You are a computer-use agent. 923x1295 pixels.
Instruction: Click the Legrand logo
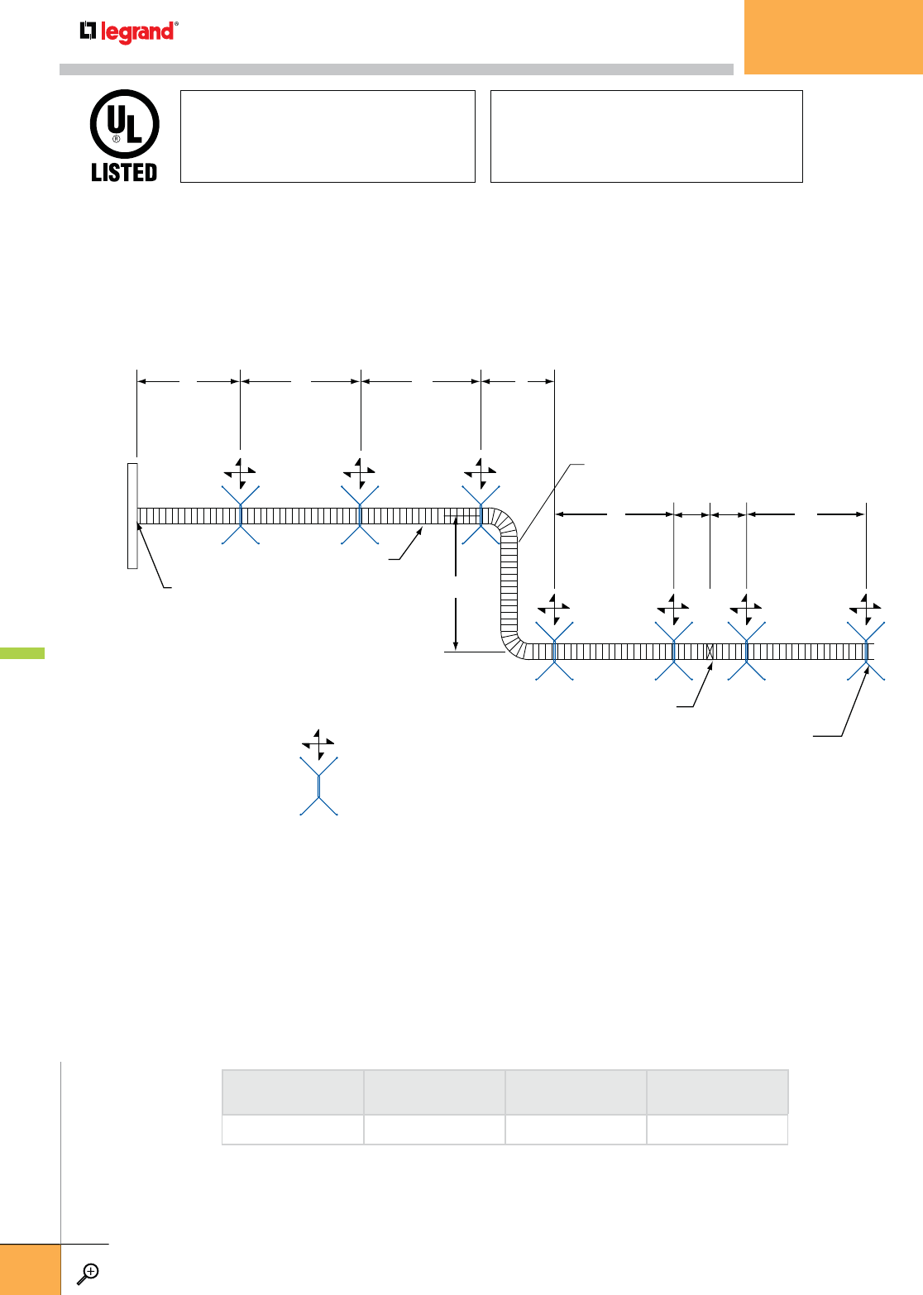tap(128, 32)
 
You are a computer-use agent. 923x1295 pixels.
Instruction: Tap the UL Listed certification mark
tap(124, 136)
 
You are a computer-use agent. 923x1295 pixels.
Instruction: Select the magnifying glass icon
tap(88, 1273)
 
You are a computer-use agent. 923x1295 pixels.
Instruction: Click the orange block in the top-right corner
tap(833, 36)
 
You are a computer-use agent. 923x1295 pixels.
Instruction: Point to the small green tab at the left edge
tap(22, 653)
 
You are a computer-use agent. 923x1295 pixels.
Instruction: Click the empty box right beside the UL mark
tap(328, 136)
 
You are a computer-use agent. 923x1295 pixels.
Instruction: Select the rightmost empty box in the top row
tap(646, 136)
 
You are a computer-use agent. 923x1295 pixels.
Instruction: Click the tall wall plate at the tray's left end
tap(132, 516)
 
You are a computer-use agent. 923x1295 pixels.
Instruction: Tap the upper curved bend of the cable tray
tap(505, 525)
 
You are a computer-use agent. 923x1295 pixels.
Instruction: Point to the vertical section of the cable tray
tap(509, 587)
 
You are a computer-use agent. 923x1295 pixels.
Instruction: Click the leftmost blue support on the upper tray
tap(241, 515)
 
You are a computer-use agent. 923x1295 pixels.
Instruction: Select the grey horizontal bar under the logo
tap(396, 69)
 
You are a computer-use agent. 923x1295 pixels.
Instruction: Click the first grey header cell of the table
tap(293, 1092)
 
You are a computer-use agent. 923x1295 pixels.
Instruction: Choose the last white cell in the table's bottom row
tap(717, 1130)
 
